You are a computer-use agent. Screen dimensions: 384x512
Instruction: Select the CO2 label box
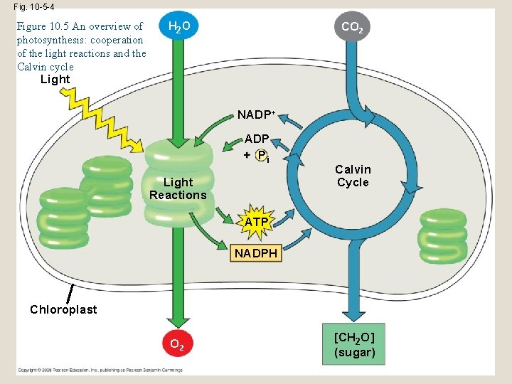click(353, 27)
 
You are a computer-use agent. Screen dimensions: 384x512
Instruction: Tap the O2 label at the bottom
click(178, 346)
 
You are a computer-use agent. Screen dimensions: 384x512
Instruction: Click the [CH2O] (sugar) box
click(353, 344)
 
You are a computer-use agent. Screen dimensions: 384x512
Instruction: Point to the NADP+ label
click(256, 114)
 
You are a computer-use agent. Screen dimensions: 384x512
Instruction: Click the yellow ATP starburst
click(257, 222)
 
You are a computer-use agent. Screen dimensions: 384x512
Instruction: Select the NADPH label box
click(256, 253)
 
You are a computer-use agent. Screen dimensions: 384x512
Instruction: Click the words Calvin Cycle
click(353, 176)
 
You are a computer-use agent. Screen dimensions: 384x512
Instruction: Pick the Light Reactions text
click(178, 188)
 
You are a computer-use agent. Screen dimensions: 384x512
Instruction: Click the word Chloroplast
click(63, 309)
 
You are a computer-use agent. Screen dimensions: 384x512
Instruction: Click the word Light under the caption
click(55, 79)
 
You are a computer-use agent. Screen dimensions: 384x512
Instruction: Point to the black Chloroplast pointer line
click(70, 292)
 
